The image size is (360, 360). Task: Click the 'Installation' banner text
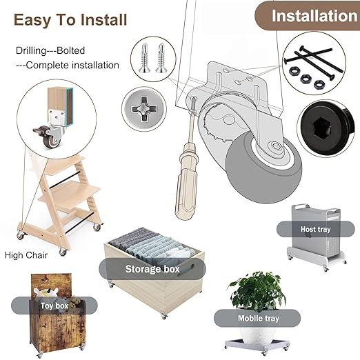314,16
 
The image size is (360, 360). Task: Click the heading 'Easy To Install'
70,19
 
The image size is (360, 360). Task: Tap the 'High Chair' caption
26,255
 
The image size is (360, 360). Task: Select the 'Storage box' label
152,269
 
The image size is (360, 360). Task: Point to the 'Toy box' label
54,306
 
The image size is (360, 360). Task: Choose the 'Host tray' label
315,229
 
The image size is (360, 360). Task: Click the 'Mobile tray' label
259,319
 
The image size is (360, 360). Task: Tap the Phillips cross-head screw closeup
144,108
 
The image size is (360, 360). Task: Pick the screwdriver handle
186,184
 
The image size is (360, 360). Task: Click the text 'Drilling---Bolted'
50,50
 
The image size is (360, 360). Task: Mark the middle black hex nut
306,79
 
